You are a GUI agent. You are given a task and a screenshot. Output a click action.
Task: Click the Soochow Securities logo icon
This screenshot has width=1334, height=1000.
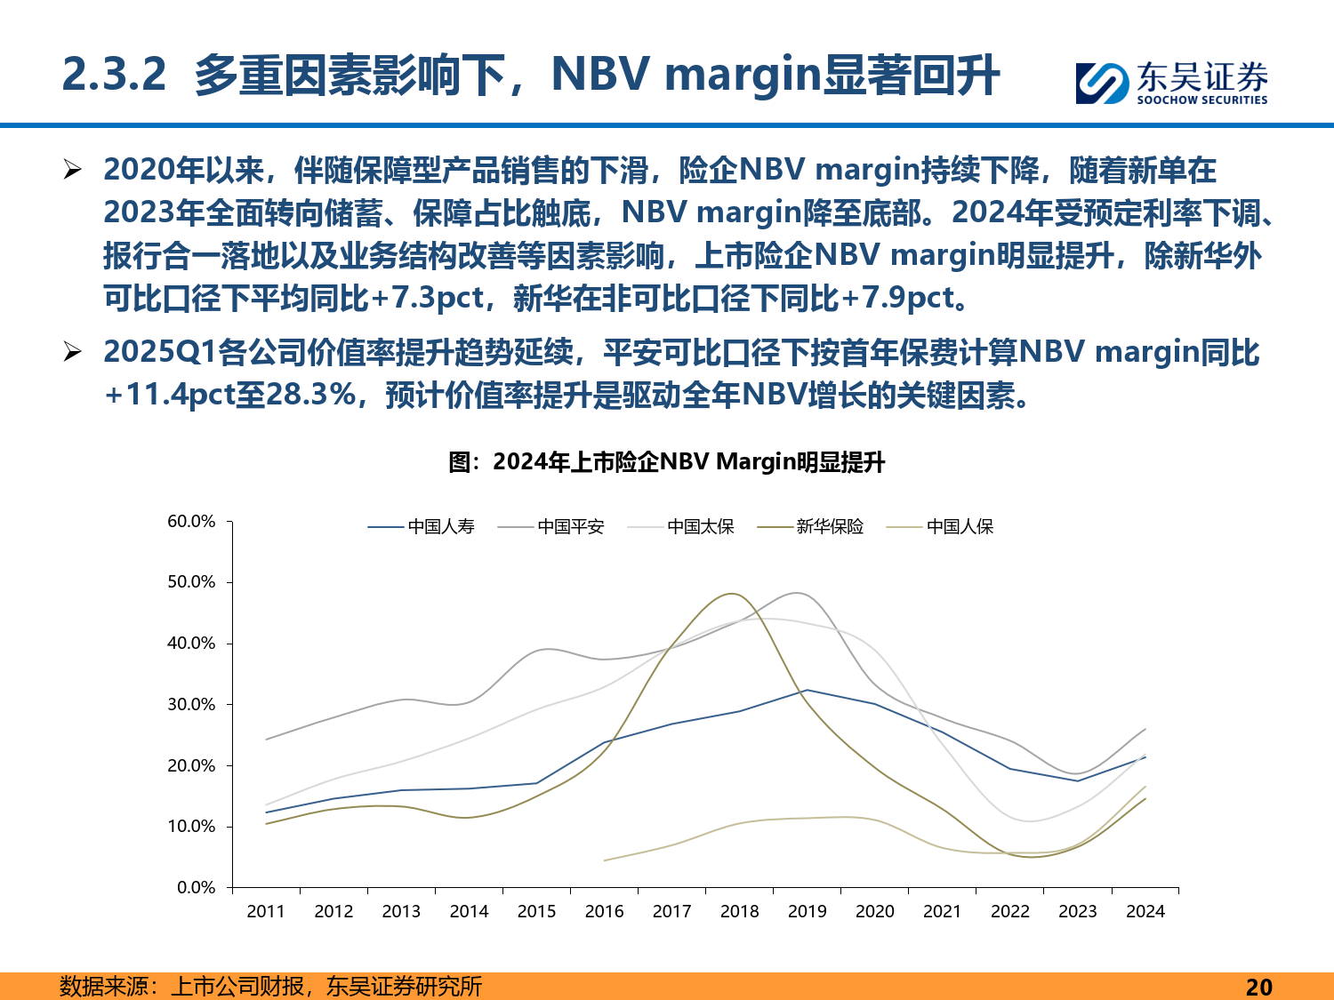[1102, 83]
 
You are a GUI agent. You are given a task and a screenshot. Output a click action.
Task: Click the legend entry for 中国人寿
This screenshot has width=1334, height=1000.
[422, 527]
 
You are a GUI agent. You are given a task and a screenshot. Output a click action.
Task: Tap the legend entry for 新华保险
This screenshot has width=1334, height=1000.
[811, 527]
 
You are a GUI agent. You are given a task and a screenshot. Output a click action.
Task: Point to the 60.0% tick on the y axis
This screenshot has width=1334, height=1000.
[191, 522]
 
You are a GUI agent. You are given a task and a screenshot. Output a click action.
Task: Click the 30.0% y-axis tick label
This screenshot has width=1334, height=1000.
[191, 705]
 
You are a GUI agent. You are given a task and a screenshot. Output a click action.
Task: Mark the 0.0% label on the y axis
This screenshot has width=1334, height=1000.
[196, 888]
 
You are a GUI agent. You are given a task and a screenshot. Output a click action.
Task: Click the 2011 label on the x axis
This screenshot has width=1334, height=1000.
[266, 911]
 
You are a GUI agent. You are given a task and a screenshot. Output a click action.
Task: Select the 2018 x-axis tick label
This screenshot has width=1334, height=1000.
[739, 911]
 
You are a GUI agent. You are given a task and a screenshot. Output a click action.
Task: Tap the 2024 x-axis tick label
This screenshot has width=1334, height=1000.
[1145, 911]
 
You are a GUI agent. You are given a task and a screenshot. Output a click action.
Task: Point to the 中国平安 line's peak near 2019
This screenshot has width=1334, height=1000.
[798, 593]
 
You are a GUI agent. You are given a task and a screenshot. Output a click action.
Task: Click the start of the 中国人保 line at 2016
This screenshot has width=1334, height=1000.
[605, 860]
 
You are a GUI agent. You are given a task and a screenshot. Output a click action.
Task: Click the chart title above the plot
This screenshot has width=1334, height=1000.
[667, 462]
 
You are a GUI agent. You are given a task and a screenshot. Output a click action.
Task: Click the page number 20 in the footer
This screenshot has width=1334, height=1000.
[1258, 987]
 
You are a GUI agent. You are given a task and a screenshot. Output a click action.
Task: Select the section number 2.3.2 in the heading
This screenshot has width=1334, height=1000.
[114, 75]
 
